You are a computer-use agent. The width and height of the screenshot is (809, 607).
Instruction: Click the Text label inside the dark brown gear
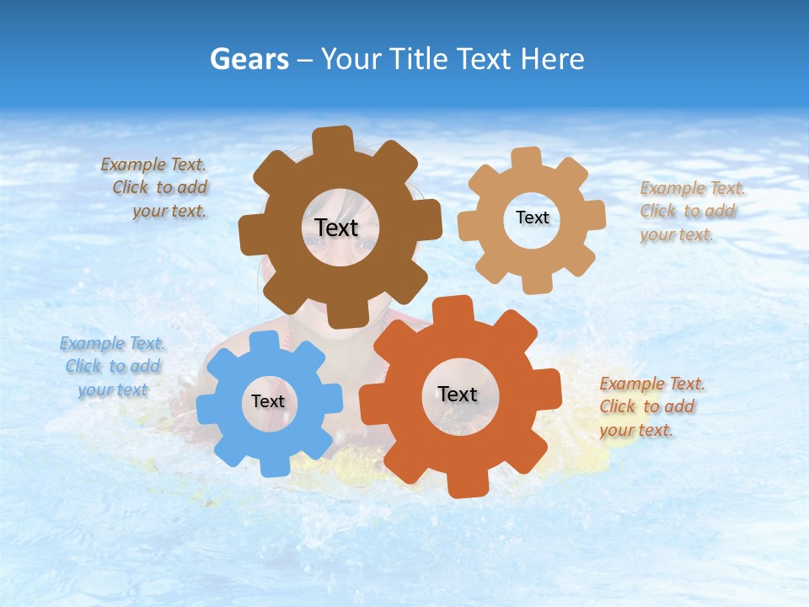tap(337, 228)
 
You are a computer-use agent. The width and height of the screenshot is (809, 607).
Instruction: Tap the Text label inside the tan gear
tap(533, 218)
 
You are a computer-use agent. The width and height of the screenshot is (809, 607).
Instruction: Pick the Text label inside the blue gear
tap(268, 402)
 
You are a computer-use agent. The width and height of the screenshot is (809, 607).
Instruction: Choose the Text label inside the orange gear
tap(458, 395)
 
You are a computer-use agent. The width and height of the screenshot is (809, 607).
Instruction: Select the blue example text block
tap(113, 367)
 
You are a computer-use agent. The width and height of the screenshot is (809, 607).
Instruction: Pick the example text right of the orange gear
tap(651, 407)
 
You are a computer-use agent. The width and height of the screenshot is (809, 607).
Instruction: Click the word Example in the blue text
tap(92, 343)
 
